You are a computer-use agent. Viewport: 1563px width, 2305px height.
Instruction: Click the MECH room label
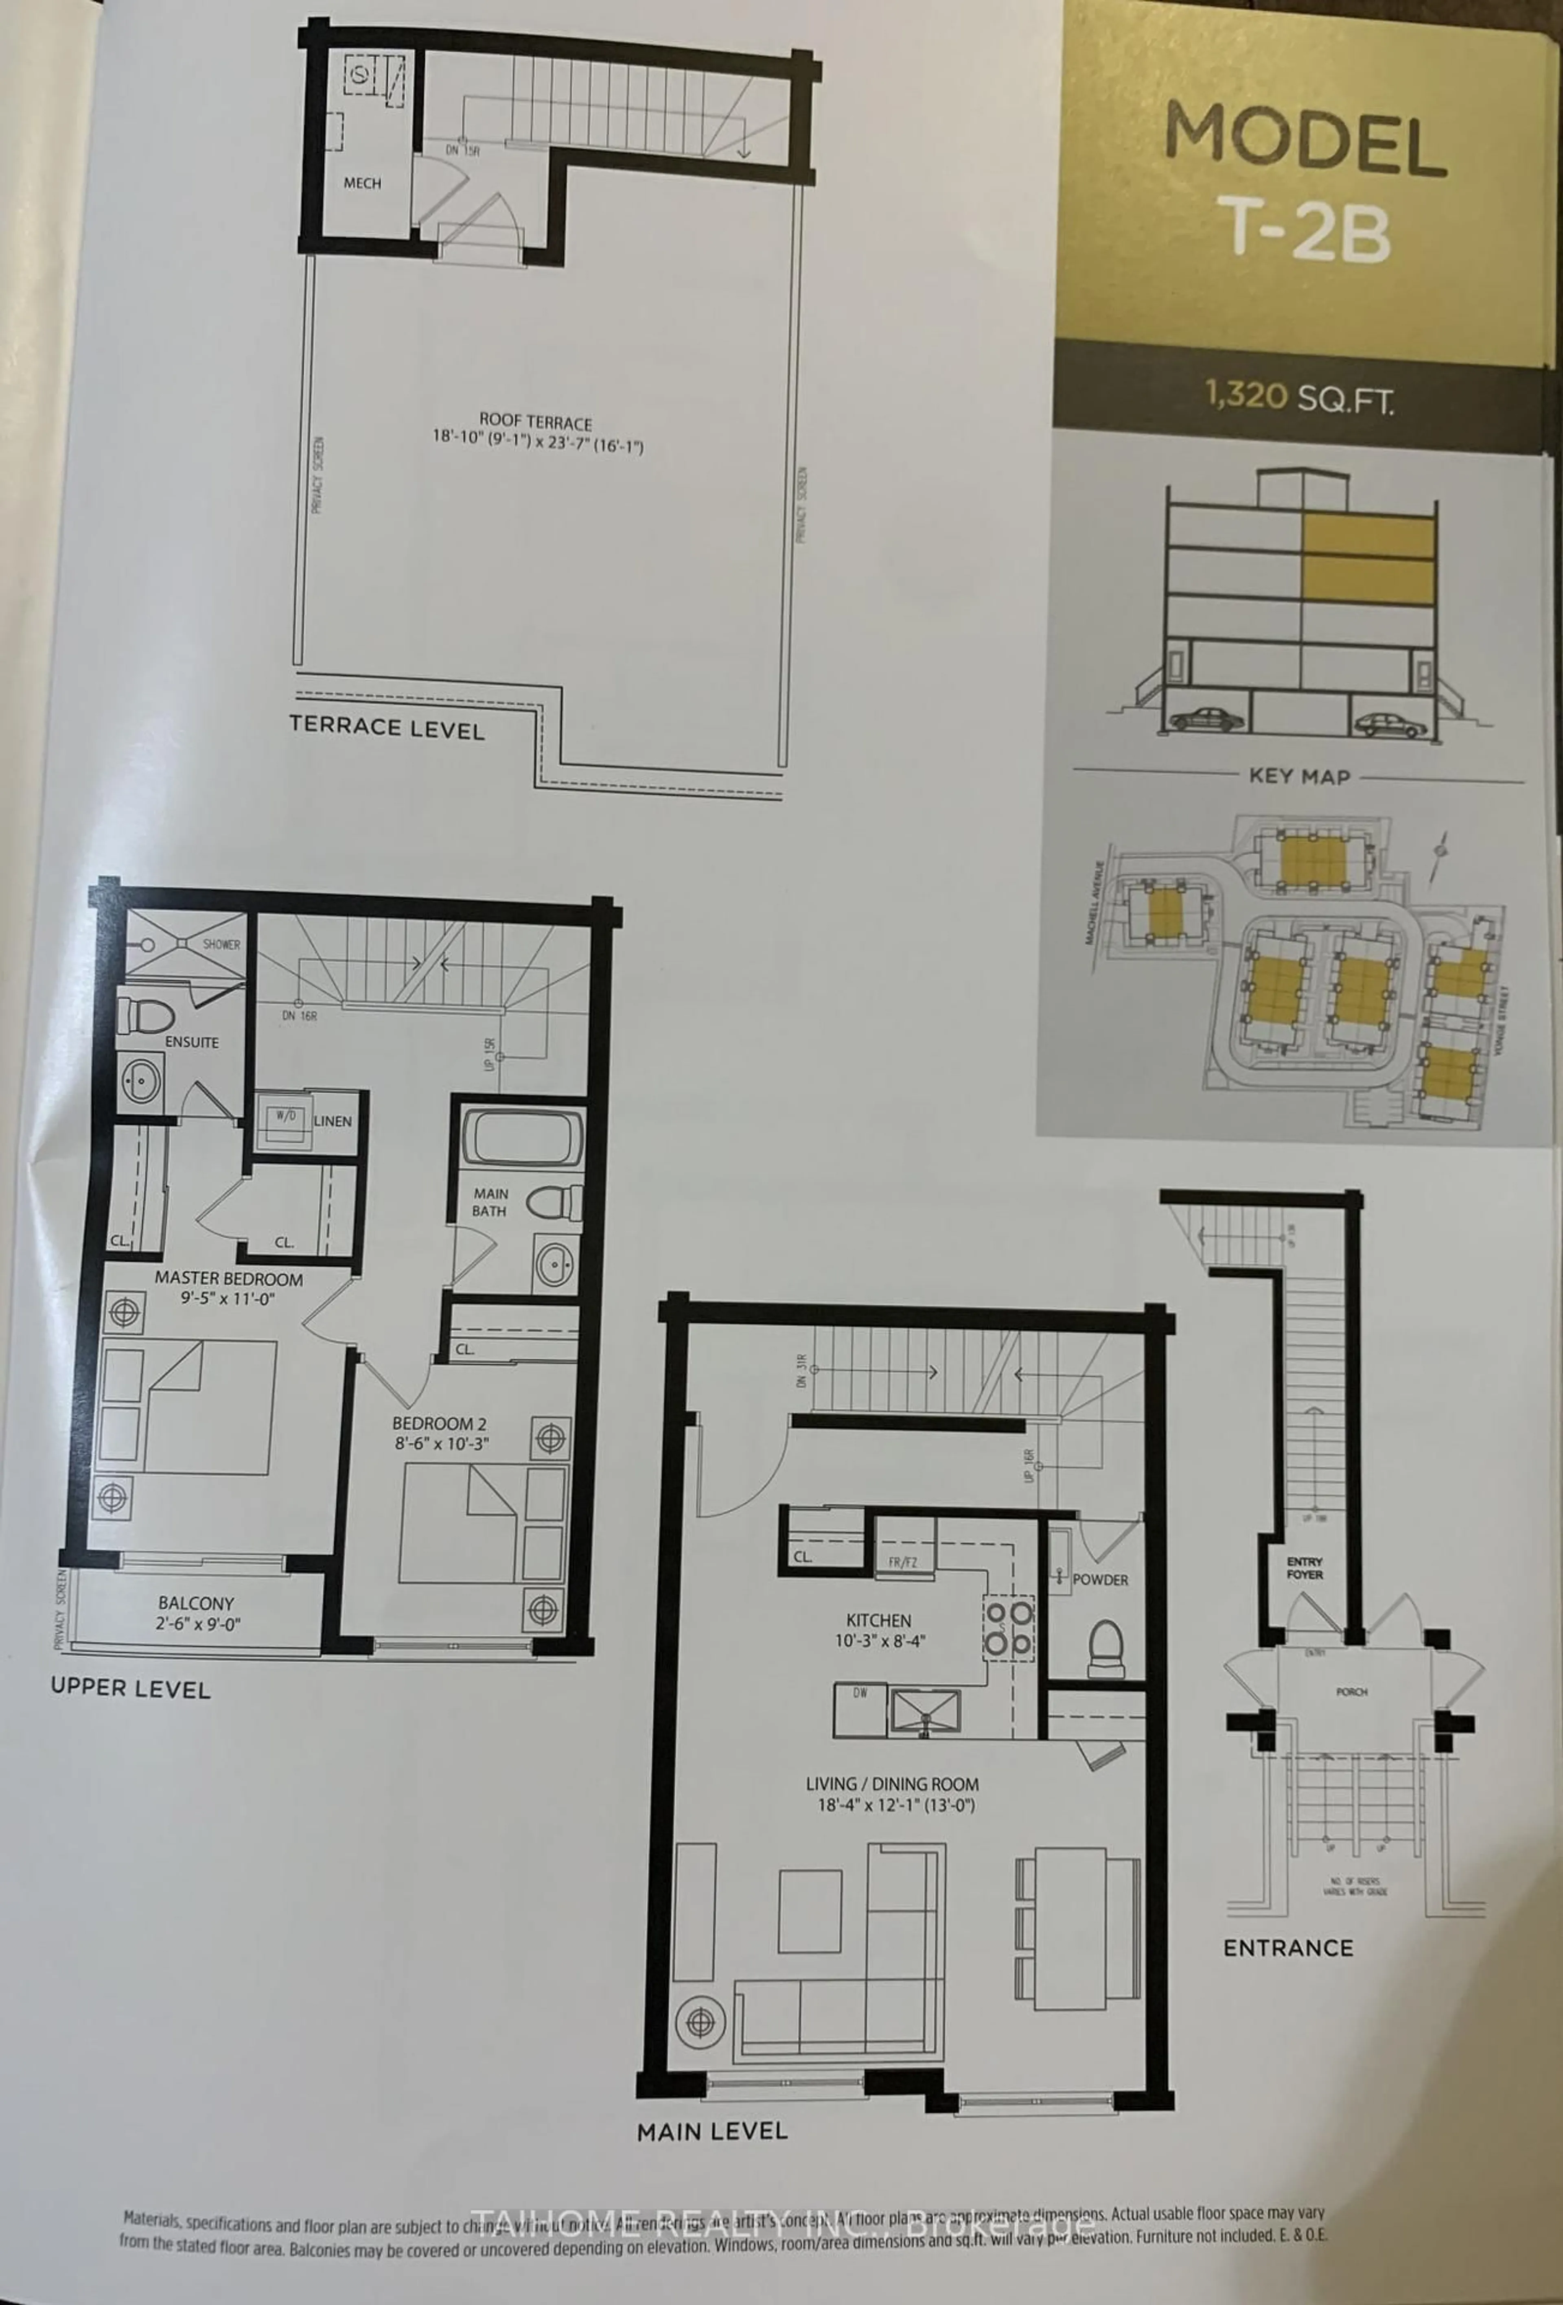point(362,184)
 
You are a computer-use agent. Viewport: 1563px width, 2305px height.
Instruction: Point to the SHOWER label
point(221,944)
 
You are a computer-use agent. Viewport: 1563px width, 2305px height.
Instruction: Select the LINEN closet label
point(332,1122)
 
